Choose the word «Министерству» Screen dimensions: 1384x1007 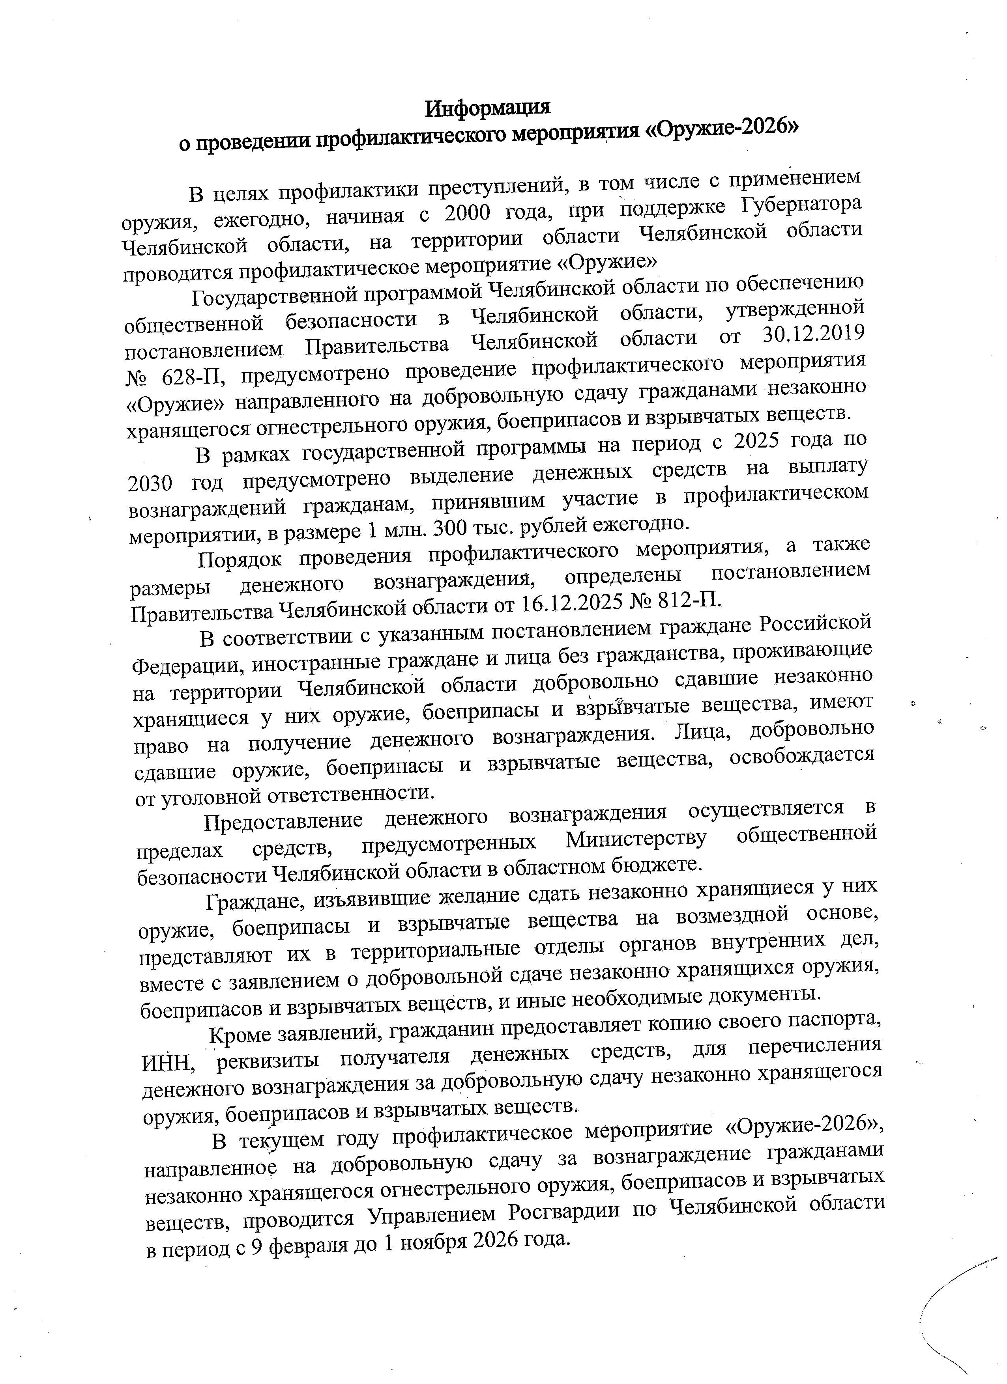pos(636,840)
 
